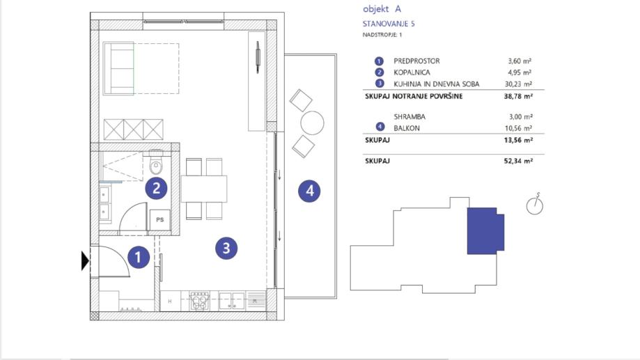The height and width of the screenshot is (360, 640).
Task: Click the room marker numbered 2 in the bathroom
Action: coord(156,188)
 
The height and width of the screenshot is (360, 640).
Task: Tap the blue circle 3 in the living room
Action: coord(226,248)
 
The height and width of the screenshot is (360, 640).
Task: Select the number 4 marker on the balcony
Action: coord(309,191)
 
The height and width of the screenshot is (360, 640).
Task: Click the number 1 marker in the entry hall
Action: coord(139,257)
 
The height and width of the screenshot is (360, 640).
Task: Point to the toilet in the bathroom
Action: coord(156,162)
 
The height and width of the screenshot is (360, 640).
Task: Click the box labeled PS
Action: coord(160,220)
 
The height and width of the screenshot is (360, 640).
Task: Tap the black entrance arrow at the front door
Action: coord(85,261)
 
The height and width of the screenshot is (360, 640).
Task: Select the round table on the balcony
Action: coord(312,123)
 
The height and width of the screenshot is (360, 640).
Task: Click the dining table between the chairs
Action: coord(203,189)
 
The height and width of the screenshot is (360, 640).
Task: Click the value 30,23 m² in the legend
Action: coord(518,84)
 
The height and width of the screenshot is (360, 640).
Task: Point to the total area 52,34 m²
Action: coord(518,161)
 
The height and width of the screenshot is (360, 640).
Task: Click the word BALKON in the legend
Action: coord(407,128)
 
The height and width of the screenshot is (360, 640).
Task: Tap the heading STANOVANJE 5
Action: coord(389,24)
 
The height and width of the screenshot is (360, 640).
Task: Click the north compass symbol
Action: coord(535,204)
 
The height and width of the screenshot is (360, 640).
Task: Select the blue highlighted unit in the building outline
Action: coord(485,230)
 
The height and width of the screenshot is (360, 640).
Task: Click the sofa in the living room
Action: coord(119,68)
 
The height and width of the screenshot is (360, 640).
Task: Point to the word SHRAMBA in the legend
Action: coord(409,117)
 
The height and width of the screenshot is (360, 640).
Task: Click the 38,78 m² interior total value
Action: coord(518,96)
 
